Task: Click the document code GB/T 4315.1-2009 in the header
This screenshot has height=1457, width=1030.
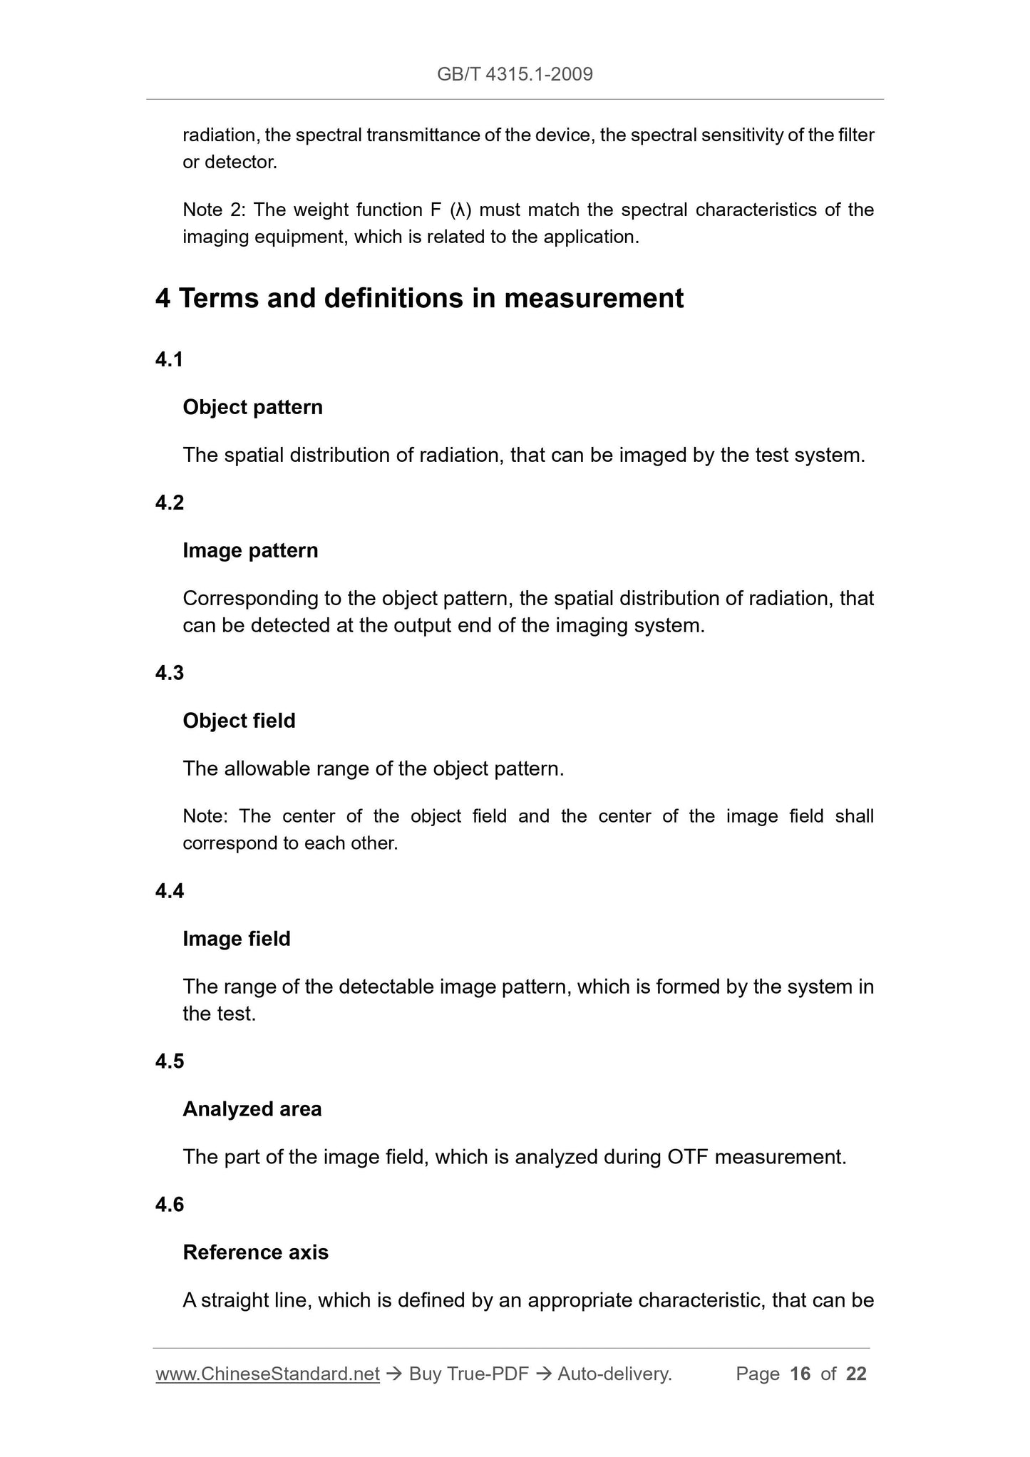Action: tap(515, 74)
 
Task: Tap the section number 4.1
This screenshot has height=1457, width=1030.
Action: tap(170, 360)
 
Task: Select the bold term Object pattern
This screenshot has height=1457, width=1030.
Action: tap(252, 408)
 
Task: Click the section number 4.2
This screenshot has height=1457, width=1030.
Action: tap(170, 503)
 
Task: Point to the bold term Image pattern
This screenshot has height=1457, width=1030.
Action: tap(250, 551)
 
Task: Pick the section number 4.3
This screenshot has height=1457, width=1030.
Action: tap(170, 673)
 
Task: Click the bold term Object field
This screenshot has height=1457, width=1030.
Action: tap(239, 721)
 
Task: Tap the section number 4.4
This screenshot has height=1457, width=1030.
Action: tap(170, 891)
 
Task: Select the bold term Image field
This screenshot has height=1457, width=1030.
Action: tap(237, 939)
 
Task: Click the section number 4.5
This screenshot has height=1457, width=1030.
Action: tap(170, 1061)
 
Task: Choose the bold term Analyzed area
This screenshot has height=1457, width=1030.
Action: tap(252, 1109)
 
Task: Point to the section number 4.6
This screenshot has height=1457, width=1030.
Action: tap(170, 1205)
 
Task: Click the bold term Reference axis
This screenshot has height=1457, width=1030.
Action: tap(255, 1252)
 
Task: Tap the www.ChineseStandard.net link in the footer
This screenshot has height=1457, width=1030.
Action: tap(267, 1374)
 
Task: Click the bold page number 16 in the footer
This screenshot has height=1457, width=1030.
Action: tap(800, 1374)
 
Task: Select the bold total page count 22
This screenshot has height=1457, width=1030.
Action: tap(856, 1374)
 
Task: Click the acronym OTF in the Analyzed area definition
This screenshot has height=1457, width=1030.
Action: tap(687, 1157)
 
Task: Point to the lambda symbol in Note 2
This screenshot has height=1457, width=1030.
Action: tap(460, 210)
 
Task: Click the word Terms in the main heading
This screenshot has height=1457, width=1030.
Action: tap(218, 298)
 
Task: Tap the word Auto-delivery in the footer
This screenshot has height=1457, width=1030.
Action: tap(614, 1374)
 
